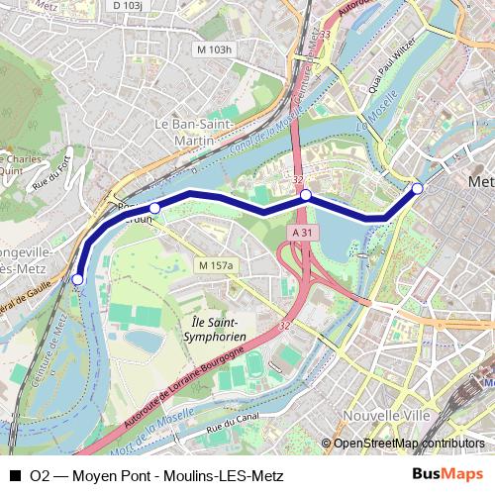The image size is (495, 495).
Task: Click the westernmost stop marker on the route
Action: [x=78, y=280]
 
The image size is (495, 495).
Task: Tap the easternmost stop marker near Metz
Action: [x=418, y=188]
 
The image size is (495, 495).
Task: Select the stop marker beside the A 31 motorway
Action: [x=306, y=195]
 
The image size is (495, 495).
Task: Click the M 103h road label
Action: [x=214, y=49]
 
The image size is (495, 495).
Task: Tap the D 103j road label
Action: [x=128, y=6]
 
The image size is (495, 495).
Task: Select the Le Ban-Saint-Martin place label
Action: [x=193, y=132]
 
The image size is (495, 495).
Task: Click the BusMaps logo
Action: [x=447, y=475]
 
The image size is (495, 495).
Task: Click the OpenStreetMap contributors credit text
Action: [x=409, y=444]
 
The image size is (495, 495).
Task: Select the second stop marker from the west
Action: [x=154, y=208]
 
